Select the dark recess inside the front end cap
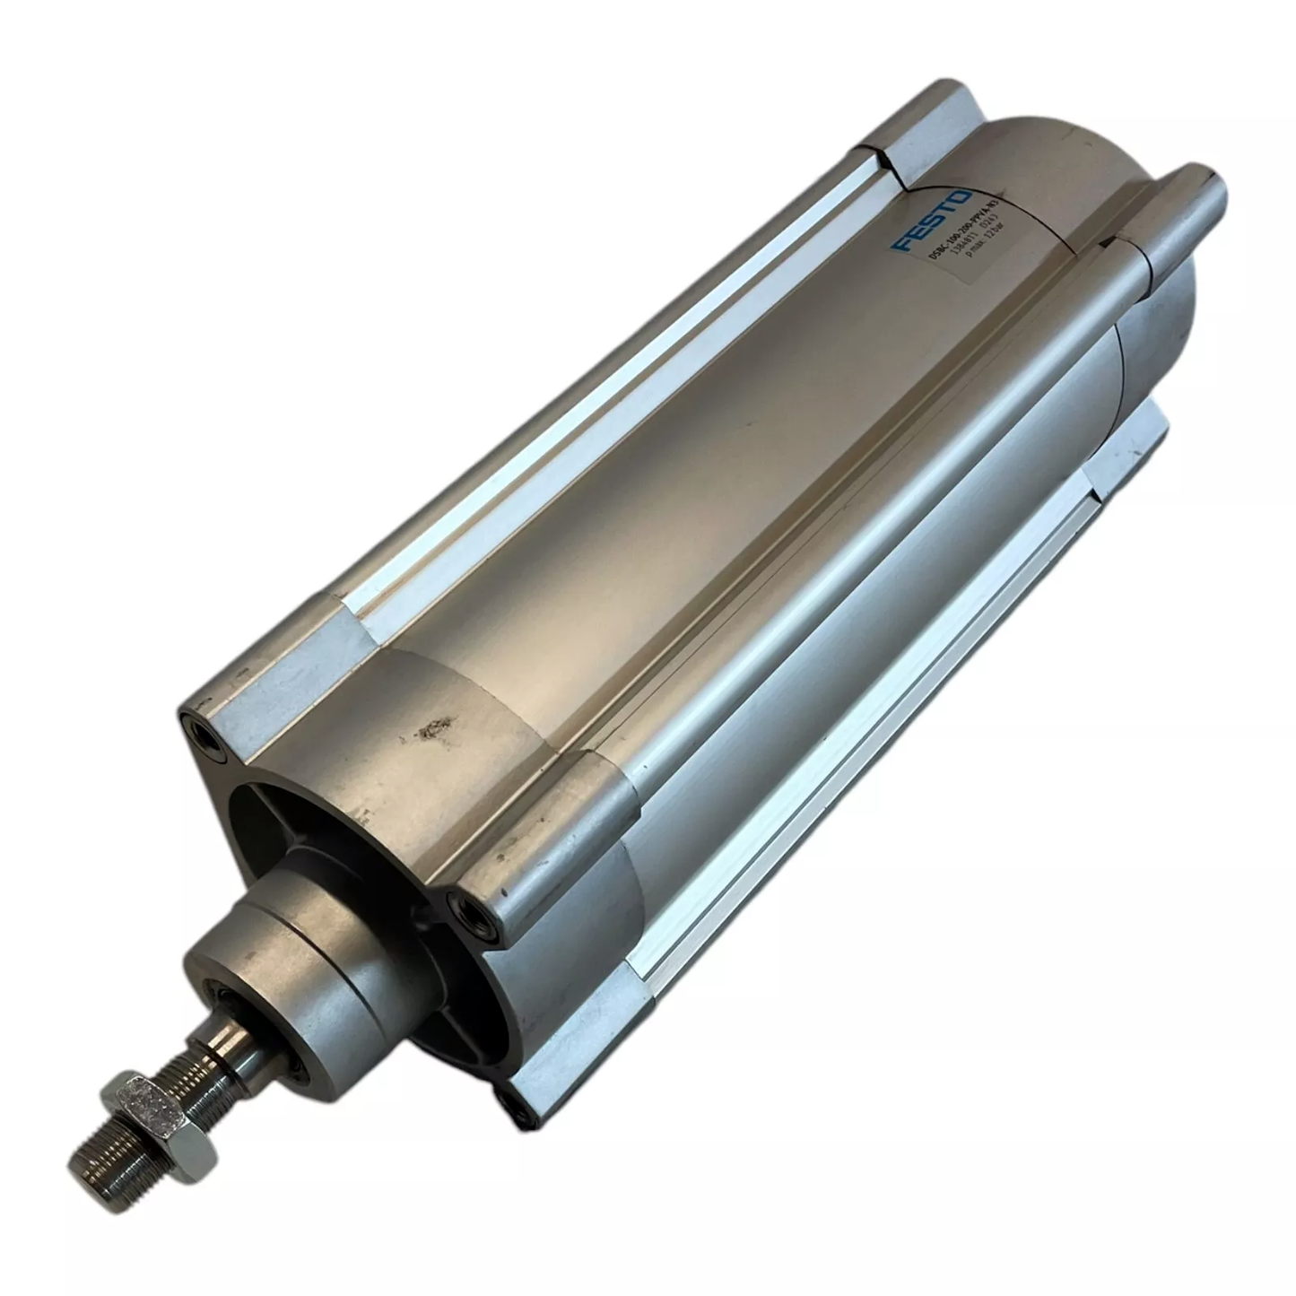pos(269,807)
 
